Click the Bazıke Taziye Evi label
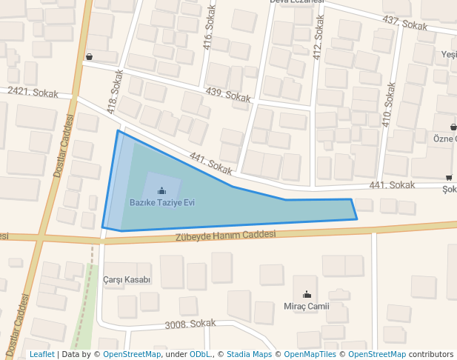pos(161,202)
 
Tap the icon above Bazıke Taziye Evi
pos(161,191)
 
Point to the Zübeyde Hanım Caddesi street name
pos(225,236)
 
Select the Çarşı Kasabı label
pos(127,280)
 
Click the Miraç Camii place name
pos(306,306)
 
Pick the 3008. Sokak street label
pos(190,324)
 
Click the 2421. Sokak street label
pos(27,90)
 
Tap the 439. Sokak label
pos(228,95)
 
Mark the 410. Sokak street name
pos(387,104)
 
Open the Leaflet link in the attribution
pos(41,355)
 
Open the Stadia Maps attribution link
pos(249,355)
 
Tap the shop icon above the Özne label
pos(453,127)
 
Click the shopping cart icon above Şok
pos(449,177)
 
